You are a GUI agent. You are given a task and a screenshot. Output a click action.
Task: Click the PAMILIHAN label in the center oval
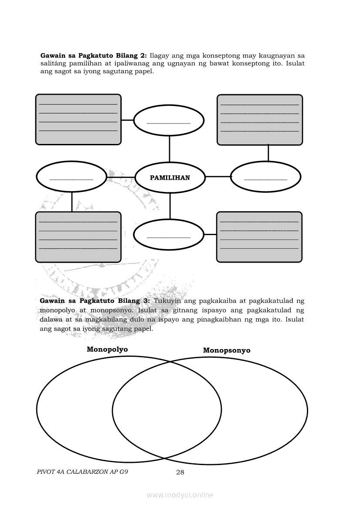[x=170, y=178]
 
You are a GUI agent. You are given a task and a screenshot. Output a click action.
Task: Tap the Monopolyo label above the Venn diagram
[x=107, y=349]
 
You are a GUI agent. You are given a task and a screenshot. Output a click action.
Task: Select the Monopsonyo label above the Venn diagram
[x=227, y=350]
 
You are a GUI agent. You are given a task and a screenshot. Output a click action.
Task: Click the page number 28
[x=180, y=472]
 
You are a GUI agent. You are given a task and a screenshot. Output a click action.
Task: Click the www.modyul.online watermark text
[x=180, y=495]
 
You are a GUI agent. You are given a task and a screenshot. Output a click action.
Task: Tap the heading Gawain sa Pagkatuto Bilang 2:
[x=94, y=55]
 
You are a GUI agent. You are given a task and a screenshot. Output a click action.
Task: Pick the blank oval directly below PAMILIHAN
[x=169, y=234]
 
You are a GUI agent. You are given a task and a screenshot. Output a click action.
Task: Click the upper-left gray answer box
[x=78, y=119]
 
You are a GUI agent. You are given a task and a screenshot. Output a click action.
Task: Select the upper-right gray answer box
[x=260, y=120]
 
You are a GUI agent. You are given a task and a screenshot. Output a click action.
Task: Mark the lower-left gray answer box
[x=78, y=237]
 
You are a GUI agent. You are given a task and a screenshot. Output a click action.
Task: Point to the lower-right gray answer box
[x=259, y=237]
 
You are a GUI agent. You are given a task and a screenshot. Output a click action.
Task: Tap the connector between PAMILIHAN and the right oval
[x=217, y=177]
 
